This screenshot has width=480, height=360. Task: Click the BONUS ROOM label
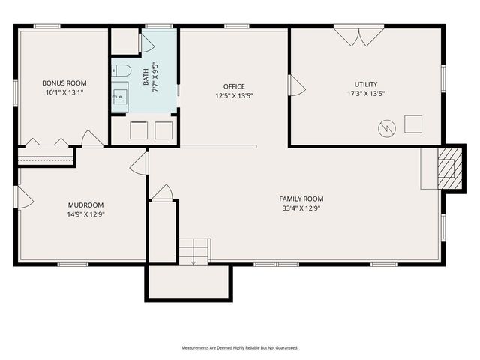point(64,82)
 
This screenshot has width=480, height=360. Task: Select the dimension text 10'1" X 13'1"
point(64,92)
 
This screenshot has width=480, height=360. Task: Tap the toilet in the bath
point(123,71)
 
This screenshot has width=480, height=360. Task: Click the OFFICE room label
point(234,86)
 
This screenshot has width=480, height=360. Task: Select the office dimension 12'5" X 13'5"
point(234,96)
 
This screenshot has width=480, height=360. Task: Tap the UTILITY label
point(367,84)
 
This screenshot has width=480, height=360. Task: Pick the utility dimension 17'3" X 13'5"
point(367,94)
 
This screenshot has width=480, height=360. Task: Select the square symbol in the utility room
point(413,124)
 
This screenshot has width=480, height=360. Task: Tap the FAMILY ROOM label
point(301,199)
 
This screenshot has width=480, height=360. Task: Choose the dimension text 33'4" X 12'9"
point(301,208)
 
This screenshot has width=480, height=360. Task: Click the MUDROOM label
point(85,205)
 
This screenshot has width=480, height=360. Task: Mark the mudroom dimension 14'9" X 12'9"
point(85,214)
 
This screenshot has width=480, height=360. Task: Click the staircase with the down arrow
point(193,250)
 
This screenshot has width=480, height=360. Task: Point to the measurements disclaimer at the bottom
point(239,347)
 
